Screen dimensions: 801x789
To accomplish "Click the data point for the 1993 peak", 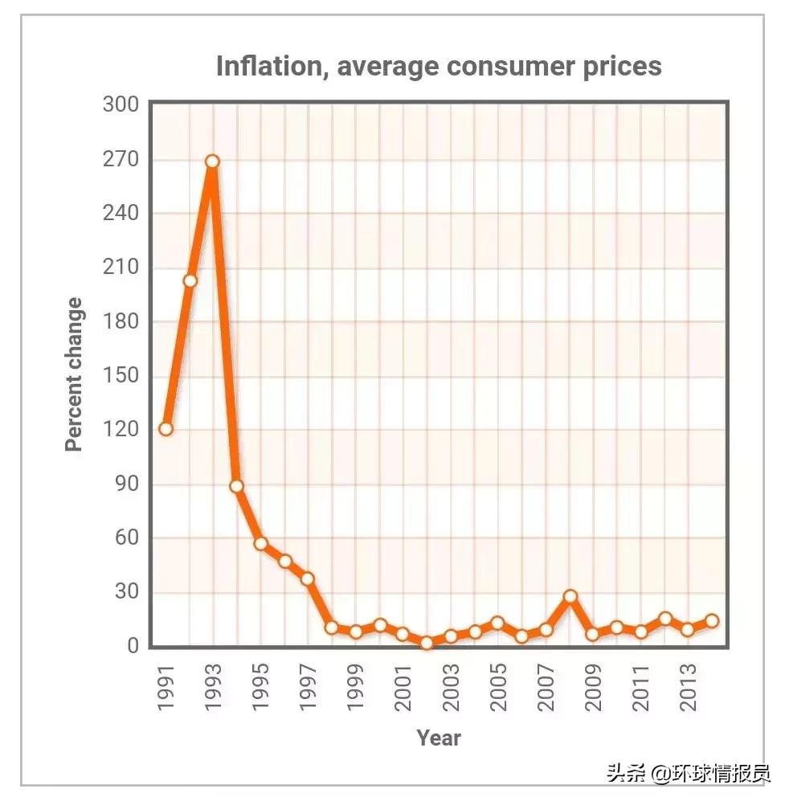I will pos(212,161).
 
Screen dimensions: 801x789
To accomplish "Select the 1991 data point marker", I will pos(166,428).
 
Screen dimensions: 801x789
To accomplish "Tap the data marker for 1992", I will pos(190,280).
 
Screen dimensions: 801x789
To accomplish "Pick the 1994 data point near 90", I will pos(236,486).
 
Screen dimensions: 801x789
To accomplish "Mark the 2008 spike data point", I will pos(570,596).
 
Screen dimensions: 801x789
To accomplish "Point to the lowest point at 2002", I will pos(427,643).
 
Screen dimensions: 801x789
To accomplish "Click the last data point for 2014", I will pos(712,620).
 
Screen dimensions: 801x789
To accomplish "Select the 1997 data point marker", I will pos(307,578).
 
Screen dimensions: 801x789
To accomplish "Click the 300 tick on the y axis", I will pos(121,104).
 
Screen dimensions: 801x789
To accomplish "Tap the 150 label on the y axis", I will pos(121,375).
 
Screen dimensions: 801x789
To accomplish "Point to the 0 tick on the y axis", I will pos(132,646).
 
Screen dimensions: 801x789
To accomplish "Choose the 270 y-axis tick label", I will pos(121,159).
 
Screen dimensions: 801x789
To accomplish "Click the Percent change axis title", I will pos(74,374).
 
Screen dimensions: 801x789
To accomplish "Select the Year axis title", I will pos(439,738).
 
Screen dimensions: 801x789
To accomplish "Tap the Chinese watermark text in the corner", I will pos(689,774).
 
